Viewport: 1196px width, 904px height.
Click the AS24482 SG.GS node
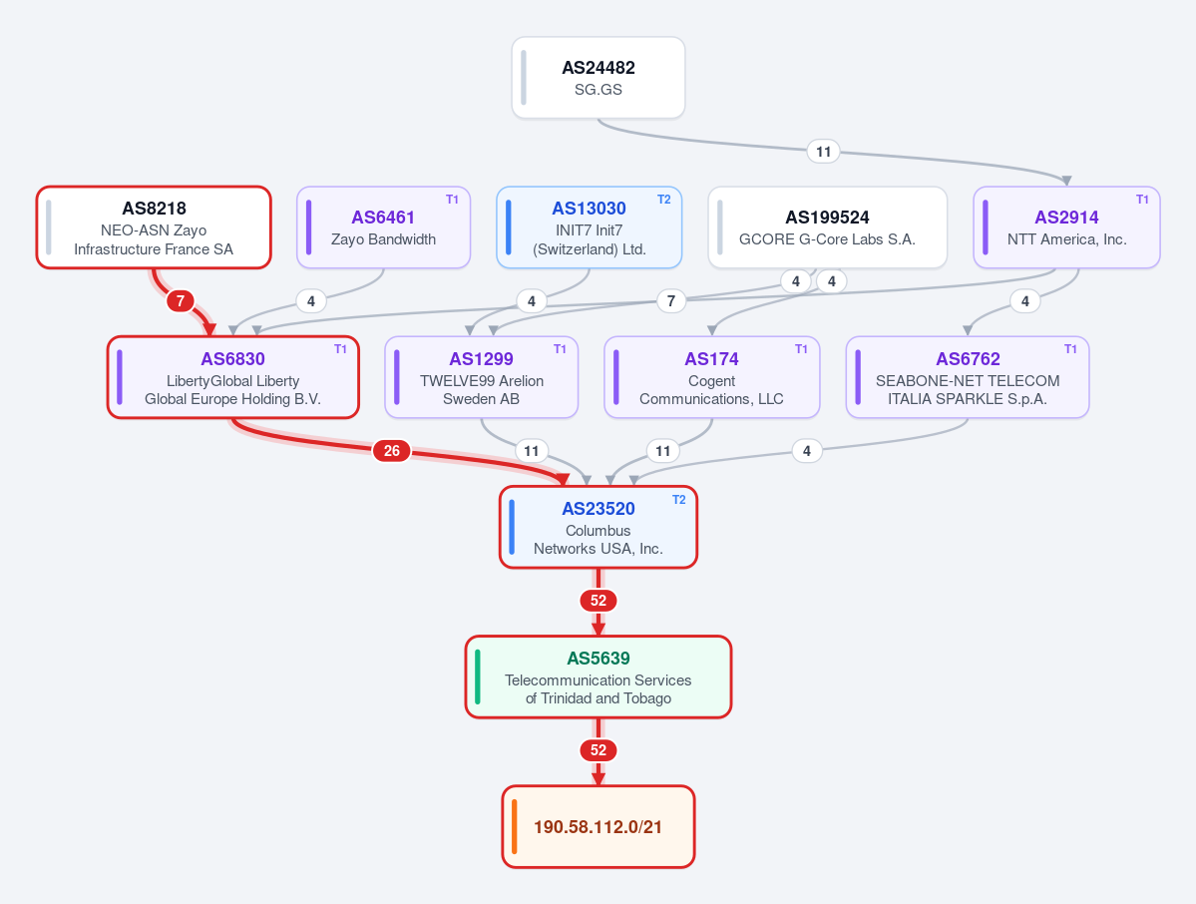point(598,78)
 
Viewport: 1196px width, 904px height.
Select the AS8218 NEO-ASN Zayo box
point(154,227)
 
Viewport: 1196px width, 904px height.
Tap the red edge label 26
point(392,451)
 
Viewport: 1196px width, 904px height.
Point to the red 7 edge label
point(180,300)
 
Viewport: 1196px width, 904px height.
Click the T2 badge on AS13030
point(664,200)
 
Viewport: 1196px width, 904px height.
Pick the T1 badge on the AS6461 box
point(452,200)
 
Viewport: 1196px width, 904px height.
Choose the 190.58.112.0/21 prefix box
point(598,827)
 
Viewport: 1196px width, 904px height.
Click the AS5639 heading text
point(598,659)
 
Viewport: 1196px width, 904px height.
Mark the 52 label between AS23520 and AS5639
point(598,601)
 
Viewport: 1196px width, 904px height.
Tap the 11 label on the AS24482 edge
point(823,152)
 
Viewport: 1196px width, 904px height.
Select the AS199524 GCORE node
point(828,227)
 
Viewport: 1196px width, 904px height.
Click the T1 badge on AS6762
point(1071,348)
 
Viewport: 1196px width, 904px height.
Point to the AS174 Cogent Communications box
point(711,377)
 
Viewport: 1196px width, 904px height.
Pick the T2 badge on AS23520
point(679,500)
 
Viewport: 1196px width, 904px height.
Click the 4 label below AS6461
point(310,301)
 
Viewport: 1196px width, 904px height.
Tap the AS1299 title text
point(482,359)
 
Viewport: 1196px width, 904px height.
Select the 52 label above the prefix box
point(598,750)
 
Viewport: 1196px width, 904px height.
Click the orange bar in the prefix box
point(514,827)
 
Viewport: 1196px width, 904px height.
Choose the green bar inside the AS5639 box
point(478,677)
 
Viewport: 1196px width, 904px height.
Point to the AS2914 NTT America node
point(1066,227)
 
